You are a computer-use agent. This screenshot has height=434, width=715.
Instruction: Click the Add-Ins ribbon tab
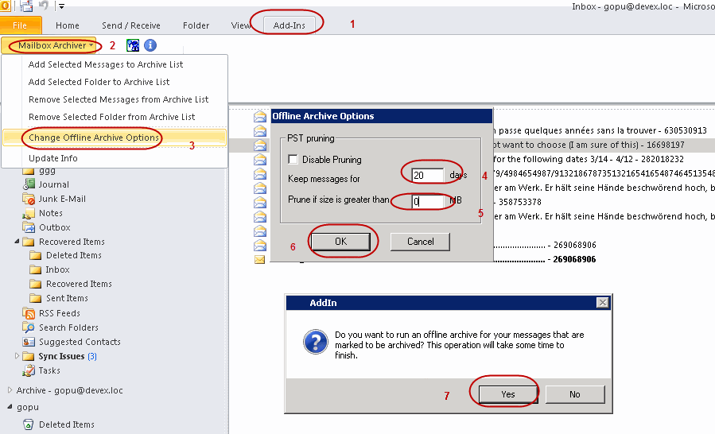289,25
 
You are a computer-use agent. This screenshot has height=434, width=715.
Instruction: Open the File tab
21,25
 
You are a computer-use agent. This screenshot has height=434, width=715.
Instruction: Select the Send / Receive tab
131,25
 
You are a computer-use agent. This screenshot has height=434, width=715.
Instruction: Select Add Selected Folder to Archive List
99,82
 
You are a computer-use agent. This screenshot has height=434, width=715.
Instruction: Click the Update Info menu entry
53,159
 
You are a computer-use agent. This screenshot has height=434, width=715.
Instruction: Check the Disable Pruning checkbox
293,159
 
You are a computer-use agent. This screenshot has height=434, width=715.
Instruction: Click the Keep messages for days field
427,175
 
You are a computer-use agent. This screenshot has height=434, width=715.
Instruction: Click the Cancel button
420,242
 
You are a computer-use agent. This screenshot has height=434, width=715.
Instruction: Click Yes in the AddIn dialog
508,394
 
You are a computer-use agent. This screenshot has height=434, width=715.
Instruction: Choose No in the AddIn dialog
574,394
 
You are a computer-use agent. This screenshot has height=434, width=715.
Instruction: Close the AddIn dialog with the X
602,303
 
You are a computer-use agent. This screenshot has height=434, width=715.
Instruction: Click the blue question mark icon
316,343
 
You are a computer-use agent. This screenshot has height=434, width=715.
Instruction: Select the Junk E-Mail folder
62,199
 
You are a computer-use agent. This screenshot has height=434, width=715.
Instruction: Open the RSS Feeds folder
60,313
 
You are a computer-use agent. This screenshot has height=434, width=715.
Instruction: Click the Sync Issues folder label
61,356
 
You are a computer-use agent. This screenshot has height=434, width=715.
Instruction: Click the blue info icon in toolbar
150,45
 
